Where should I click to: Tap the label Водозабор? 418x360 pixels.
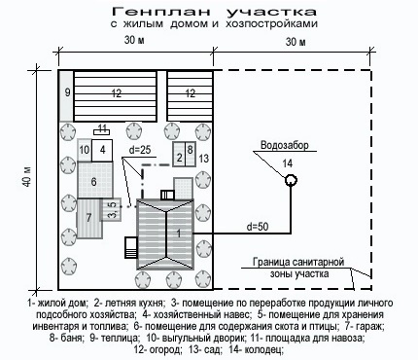(285, 145)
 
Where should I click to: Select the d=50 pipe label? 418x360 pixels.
(258, 227)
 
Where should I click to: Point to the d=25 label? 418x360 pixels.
(140, 150)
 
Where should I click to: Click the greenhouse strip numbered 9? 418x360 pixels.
(67, 96)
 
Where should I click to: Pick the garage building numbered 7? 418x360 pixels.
(88, 217)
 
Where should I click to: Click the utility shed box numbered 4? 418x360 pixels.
(102, 151)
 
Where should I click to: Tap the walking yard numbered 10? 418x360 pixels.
(85, 150)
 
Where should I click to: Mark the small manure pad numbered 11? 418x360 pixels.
(102, 132)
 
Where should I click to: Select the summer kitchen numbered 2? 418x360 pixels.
(179, 154)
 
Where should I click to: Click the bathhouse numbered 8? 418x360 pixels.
(191, 154)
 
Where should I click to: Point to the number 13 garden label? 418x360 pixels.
(204, 159)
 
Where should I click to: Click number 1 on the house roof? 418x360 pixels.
(178, 234)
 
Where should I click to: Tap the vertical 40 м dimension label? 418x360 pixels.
(27, 177)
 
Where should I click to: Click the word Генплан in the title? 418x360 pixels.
(161, 12)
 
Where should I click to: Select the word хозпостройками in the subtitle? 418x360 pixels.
(271, 24)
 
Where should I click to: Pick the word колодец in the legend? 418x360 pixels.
(263, 350)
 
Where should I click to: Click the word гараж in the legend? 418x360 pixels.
(372, 325)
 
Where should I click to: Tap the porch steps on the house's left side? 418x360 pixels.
(130, 248)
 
